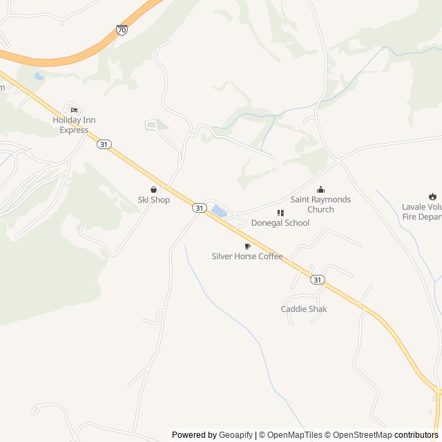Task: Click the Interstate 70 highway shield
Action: click(122, 30)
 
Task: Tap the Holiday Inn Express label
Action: click(74, 125)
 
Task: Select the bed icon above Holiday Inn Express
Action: click(74, 110)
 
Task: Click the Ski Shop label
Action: click(153, 200)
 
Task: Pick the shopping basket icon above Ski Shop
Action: click(153, 189)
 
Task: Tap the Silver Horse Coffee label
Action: click(247, 256)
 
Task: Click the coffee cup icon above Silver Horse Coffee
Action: click(247, 246)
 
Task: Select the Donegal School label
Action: click(280, 223)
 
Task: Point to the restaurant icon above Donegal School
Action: click(280, 213)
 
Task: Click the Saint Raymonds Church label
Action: click(320, 204)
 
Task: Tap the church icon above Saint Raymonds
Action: click(320, 189)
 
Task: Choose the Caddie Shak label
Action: click(304, 309)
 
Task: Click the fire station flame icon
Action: click(432, 196)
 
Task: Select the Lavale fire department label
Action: click(422, 211)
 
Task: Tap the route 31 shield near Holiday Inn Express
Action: click(104, 144)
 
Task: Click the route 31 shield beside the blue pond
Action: click(199, 207)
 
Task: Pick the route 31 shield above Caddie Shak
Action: click(316, 280)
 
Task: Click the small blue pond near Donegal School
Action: click(219, 211)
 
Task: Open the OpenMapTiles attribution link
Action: click(291, 435)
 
